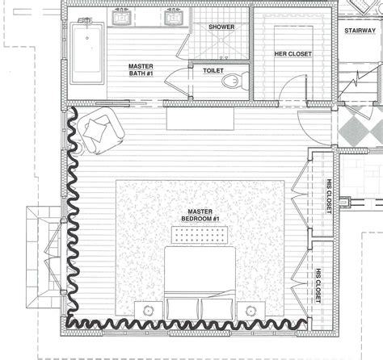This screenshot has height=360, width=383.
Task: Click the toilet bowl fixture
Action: pos(232,80)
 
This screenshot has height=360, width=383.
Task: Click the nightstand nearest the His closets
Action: pos(251,310)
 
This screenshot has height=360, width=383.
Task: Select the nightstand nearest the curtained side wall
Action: pos(147,310)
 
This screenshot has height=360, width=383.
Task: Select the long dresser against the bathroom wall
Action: pos(199,119)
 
